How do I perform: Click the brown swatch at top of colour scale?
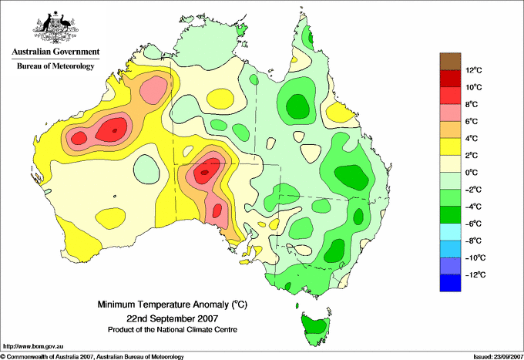click(450, 61)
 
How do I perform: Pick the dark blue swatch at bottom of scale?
click(450, 283)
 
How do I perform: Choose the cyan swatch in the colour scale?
click(450, 232)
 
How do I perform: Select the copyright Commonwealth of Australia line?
click(92, 355)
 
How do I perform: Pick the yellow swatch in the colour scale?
click(450, 146)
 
